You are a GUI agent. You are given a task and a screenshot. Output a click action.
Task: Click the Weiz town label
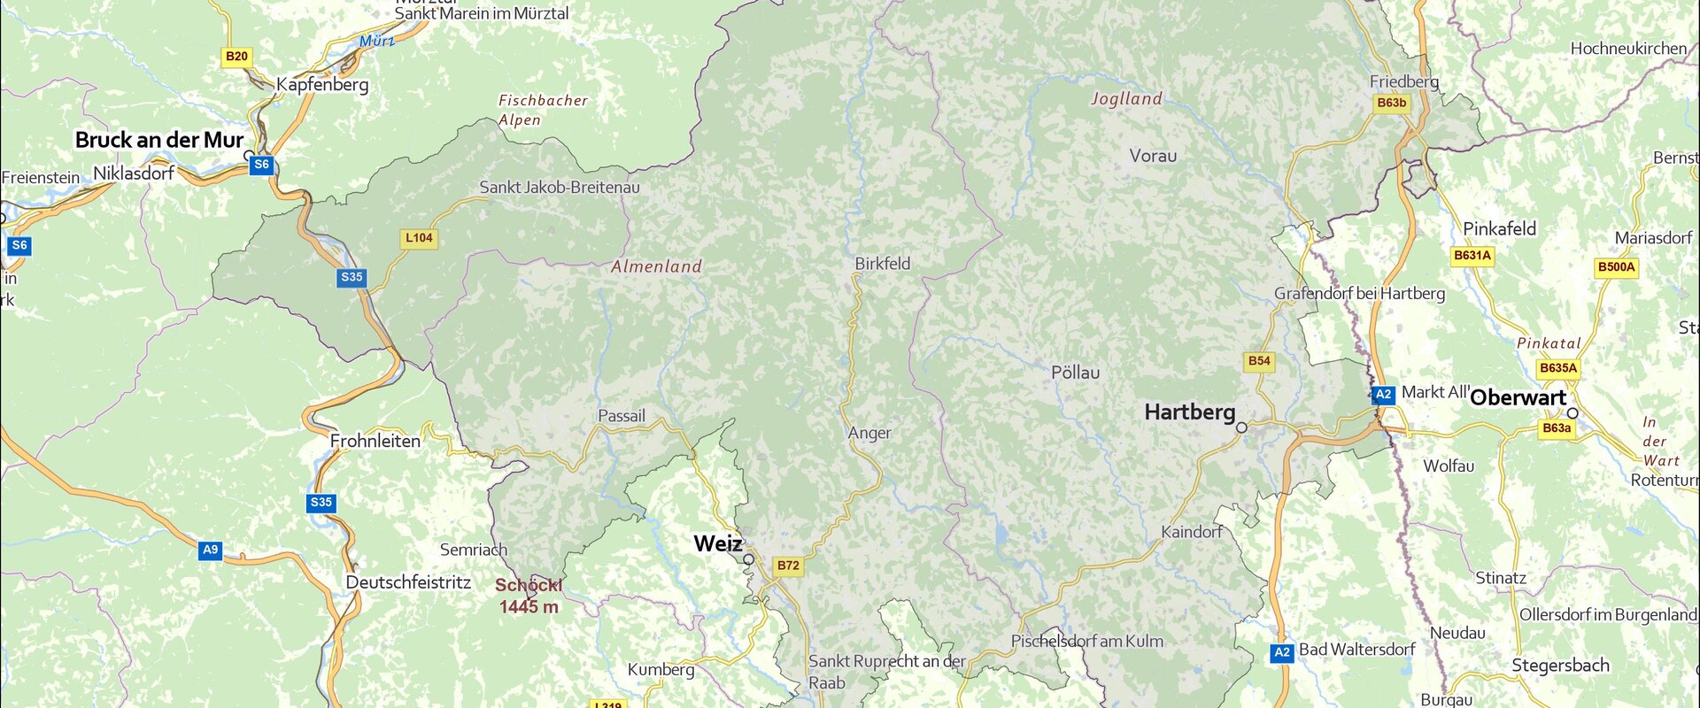(x=717, y=543)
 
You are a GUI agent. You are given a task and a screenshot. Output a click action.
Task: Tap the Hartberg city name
(x=1189, y=412)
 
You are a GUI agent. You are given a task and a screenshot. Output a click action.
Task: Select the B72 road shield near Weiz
(x=787, y=566)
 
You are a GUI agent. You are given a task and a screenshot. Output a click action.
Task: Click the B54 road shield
(x=1258, y=361)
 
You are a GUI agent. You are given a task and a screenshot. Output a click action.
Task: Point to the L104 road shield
(x=419, y=238)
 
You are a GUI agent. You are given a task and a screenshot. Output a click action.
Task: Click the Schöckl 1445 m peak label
(x=529, y=596)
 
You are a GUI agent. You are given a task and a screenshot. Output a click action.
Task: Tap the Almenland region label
(x=656, y=266)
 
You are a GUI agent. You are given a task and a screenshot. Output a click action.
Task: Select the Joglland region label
(x=1126, y=99)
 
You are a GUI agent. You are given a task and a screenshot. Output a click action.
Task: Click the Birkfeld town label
(x=882, y=264)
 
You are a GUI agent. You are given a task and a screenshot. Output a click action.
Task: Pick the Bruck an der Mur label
(x=159, y=140)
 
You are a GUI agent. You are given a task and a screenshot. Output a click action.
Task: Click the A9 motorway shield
(x=210, y=550)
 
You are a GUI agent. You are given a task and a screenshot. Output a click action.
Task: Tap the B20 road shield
(x=236, y=57)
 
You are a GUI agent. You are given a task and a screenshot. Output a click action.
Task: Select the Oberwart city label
(x=1518, y=397)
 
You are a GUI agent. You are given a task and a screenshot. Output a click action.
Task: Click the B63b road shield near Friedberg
(x=1391, y=104)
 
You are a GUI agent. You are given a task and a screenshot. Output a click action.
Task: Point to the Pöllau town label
(x=1075, y=373)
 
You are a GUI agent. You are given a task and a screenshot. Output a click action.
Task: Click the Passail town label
(x=622, y=416)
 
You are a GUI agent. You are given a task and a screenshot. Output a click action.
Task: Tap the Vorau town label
(x=1153, y=156)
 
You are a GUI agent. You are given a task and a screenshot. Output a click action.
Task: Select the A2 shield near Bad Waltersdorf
(x=1281, y=653)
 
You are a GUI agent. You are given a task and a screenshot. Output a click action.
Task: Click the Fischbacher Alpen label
(x=542, y=110)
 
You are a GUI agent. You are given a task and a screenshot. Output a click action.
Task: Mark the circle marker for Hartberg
(x=1241, y=427)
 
